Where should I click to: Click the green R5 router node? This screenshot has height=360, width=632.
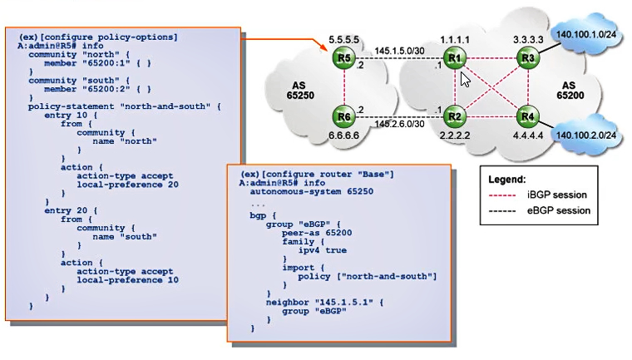click(343, 58)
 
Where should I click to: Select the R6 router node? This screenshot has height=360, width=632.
click(343, 116)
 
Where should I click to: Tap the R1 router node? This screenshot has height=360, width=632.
click(455, 58)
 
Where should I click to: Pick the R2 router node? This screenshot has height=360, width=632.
click(455, 116)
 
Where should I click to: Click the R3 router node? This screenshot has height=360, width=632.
click(528, 58)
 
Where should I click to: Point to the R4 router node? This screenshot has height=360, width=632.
click(528, 116)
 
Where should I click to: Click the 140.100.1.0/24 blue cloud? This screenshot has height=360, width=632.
click(586, 34)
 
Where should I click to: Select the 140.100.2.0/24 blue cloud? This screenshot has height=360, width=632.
click(586, 135)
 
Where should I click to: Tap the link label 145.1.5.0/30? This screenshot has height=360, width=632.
click(399, 51)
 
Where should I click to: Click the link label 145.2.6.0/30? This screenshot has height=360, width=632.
click(399, 124)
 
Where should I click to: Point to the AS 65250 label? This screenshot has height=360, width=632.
click(300, 91)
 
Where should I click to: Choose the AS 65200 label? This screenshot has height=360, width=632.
click(570, 91)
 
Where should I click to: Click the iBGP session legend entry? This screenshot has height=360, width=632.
click(538, 195)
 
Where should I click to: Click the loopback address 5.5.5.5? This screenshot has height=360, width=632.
click(343, 40)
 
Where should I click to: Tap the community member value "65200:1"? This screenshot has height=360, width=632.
click(106, 63)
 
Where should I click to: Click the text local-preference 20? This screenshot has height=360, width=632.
click(128, 185)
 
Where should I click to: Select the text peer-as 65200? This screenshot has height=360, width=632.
click(317, 233)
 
